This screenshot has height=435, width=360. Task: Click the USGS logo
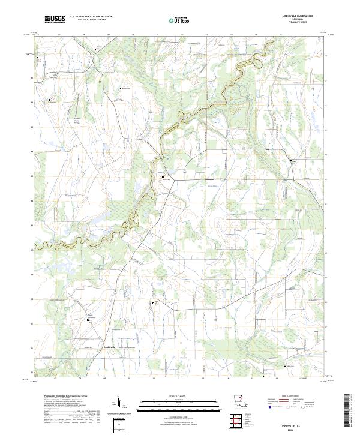coord(53,20)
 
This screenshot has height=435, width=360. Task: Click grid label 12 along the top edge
coord(182,35)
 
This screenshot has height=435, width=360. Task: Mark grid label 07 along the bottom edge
coord(55,379)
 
